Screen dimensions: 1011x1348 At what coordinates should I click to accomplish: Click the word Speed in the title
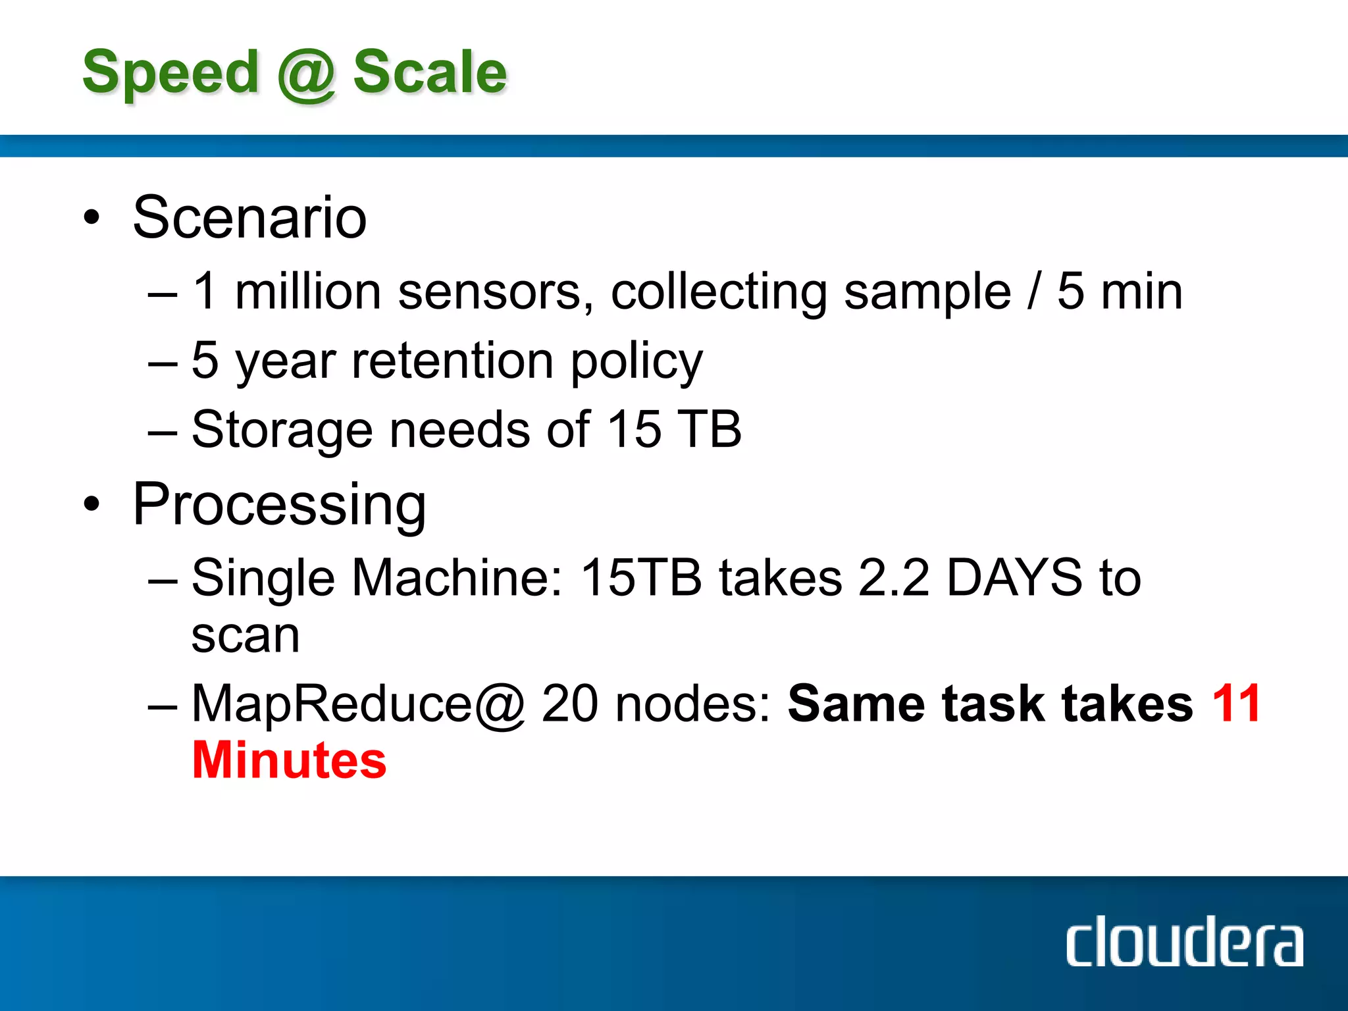[170, 74]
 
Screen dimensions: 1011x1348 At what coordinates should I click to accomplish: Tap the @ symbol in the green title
[306, 75]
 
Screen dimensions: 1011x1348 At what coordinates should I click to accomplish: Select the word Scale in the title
[430, 72]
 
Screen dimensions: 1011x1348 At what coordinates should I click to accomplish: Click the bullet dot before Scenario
[91, 218]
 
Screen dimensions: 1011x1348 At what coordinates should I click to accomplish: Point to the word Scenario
[249, 218]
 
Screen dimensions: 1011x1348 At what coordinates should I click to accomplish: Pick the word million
[308, 292]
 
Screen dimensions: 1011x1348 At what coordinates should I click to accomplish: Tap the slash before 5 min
[1034, 292]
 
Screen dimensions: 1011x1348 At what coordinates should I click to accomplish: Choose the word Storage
[282, 430]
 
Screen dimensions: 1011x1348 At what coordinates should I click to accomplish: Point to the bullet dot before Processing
[91, 504]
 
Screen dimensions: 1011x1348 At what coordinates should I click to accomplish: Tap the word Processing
[279, 505]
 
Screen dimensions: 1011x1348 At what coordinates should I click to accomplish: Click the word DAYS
[1014, 578]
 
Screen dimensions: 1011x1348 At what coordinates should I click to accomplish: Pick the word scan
[246, 636]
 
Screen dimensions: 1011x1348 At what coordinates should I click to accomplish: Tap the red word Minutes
[289, 761]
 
